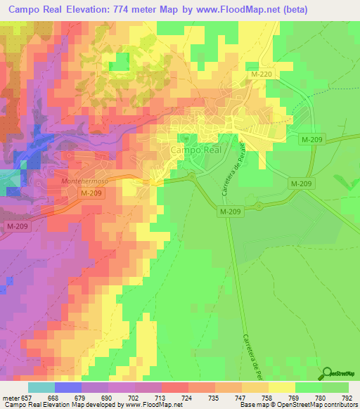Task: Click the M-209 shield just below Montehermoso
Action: point(91,193)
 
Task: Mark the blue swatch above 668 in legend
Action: point(68,387)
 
